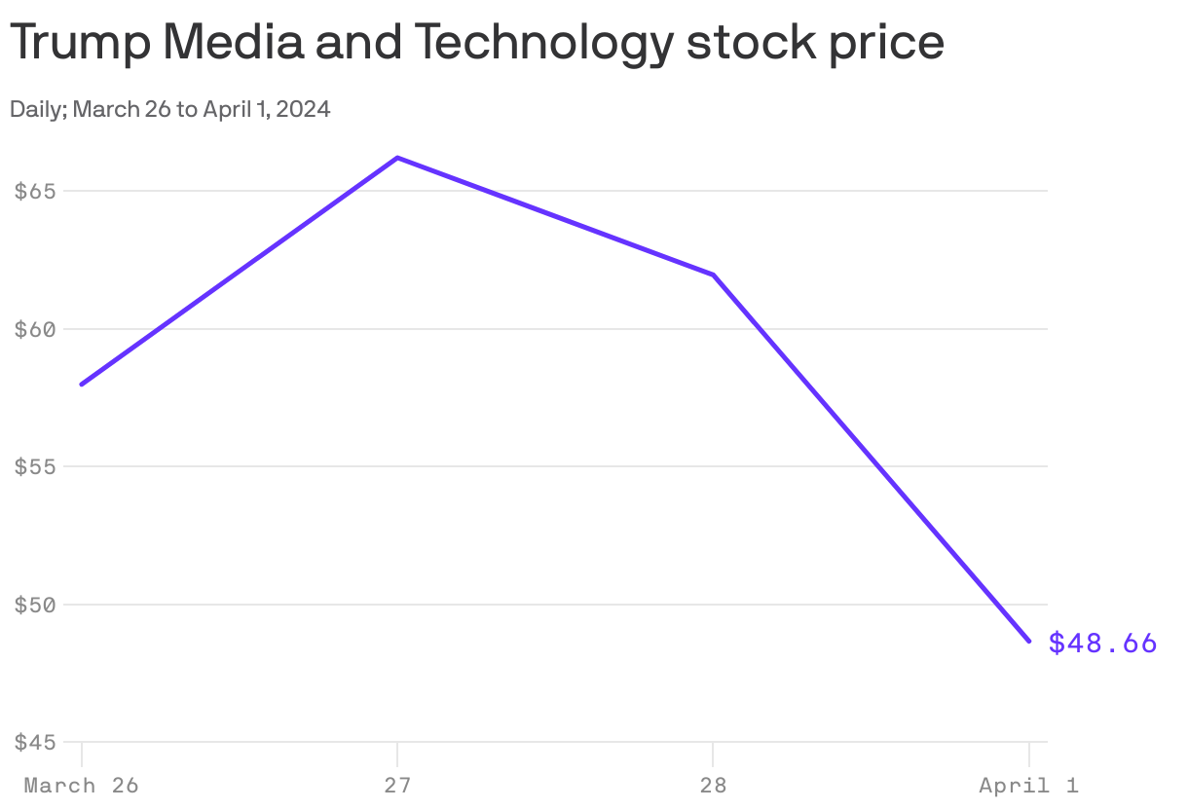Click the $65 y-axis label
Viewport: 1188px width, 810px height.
click(x=35, y=191)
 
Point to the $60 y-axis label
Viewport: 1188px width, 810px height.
click(x=35, y=329)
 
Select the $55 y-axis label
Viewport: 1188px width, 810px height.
click(x=35, y=466)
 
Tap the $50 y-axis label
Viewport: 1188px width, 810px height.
click(x=35, y=605)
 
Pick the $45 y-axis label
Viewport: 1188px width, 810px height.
click(x=35, y=742)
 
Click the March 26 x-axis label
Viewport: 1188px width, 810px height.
click(x=81, y=785)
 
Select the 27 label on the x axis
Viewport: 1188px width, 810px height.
click(x=397, y=785)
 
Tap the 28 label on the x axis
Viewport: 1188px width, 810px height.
click(x=713, y=785)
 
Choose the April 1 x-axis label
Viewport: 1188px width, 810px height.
click(x=1028, y=785)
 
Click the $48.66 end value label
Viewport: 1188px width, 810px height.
click(x=1102, y=643)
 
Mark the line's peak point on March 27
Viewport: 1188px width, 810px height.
click(x=397, y=158)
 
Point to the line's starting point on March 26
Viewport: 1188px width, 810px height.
click(x=82, y=384)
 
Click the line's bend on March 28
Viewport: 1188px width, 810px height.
click(x=713, y=275)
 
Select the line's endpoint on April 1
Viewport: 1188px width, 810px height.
click(x=1028, y=641)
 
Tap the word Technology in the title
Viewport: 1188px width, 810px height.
click(x=541, y=45)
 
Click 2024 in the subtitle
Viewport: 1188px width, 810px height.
click(x=304, y=109)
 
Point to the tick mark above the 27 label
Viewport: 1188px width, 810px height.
click(x=397, y=754)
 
